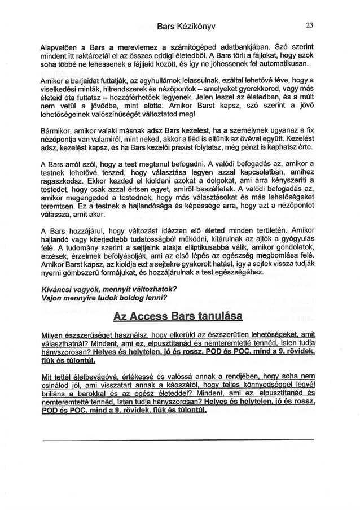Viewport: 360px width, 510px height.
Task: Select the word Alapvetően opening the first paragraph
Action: (62, 46)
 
